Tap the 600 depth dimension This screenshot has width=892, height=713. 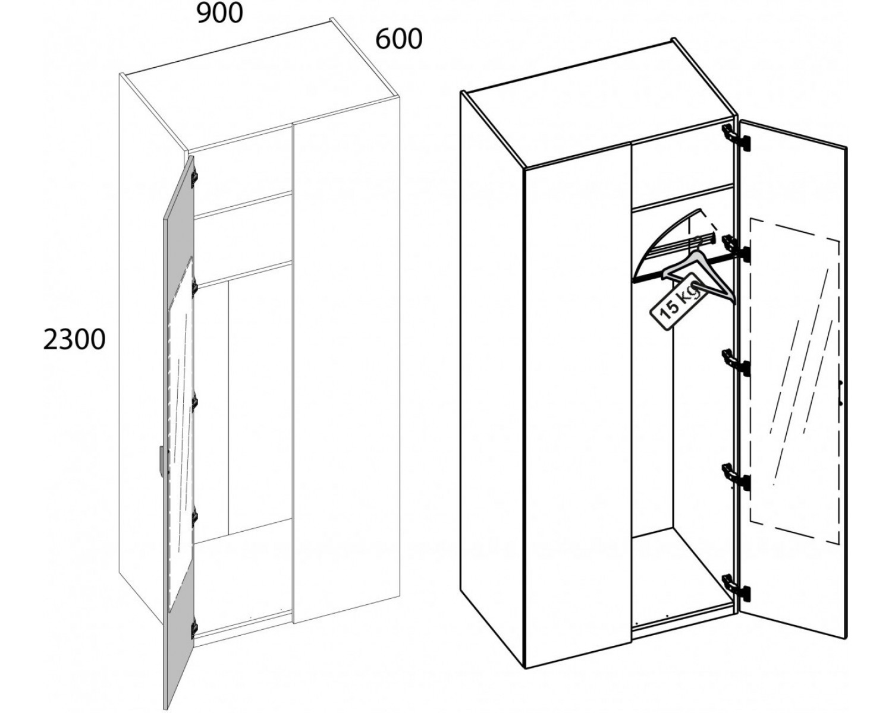click(x=399, y=39)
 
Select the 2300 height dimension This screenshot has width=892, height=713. click(x=74, y=340)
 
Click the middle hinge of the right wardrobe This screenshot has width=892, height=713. click(x=736, y=362)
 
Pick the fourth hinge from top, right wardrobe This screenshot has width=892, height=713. click(x=736, y=477)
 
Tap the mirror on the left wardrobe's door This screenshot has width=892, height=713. click(x=181, y=434)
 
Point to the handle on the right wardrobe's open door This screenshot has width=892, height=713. click(x=840, y=392)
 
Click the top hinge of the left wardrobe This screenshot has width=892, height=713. click(x=194, y=176)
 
